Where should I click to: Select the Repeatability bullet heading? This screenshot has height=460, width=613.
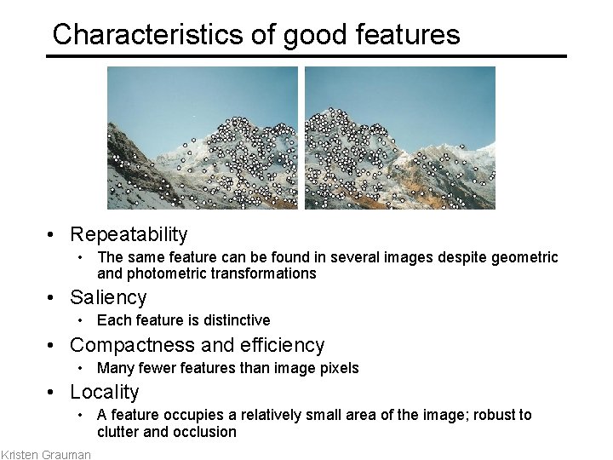pos(129,234)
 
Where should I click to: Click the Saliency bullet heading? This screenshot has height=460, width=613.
pos(108,297)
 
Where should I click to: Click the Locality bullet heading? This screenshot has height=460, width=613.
pos(104,392)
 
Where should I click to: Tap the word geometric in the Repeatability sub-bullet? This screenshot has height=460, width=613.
pos(528,257)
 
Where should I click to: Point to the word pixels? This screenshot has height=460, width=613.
pos(338,368)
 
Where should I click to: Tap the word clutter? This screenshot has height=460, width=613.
pos(117,432)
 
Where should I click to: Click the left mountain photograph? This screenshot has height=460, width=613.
pos(203,138)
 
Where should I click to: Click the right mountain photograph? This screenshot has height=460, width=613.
pos(400,138)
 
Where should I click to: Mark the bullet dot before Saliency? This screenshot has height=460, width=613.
pos(53,298)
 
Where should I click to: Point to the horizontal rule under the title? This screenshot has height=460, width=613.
pos(306,56)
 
